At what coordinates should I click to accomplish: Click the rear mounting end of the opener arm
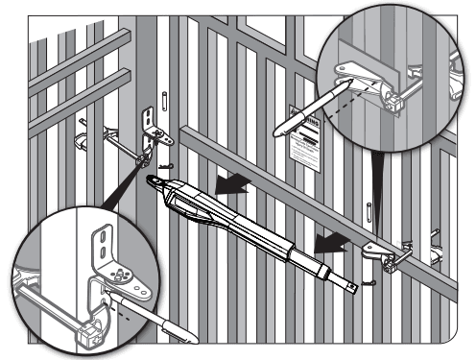157,182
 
